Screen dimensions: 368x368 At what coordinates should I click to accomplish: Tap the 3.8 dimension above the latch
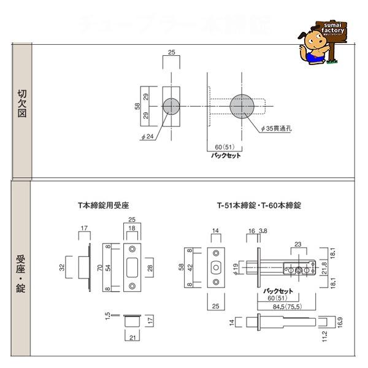263,232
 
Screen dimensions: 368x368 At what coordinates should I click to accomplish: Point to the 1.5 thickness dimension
108,316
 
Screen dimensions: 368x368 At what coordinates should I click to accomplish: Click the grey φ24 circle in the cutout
172,105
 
